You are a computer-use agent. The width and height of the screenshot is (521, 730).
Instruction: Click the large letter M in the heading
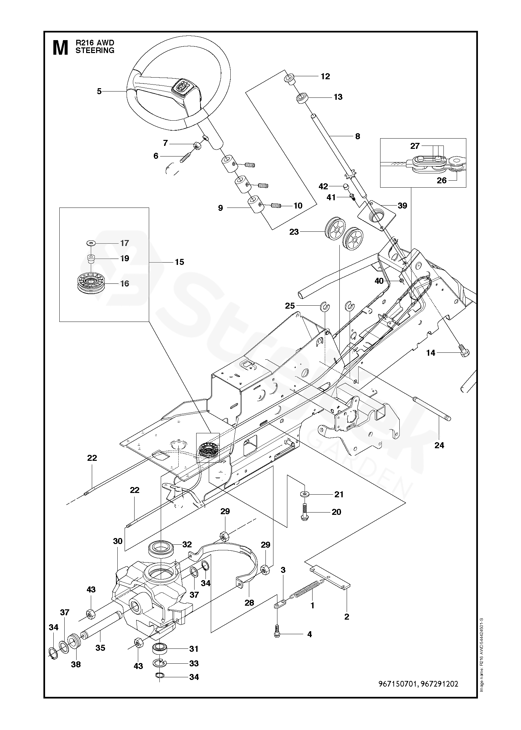(60, 48)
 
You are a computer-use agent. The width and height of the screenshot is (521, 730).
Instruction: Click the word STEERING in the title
(95, 51)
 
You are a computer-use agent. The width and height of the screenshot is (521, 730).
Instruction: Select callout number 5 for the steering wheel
(99, 91)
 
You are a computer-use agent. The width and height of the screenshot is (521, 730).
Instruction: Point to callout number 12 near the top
(325, 76)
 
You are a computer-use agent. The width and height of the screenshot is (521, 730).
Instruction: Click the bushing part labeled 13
(302, 98)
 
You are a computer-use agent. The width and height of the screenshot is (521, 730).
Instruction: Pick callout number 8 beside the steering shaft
(357, 136)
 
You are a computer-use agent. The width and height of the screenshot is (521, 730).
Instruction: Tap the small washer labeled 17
(90, 243)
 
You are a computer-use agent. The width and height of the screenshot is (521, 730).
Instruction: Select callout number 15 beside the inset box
(179, 262)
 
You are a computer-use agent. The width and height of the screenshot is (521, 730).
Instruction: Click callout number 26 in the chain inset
(441, 180)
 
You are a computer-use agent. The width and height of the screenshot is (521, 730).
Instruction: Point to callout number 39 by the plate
(402, 206)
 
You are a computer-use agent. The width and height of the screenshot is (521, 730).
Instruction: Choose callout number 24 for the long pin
(439, 445)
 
